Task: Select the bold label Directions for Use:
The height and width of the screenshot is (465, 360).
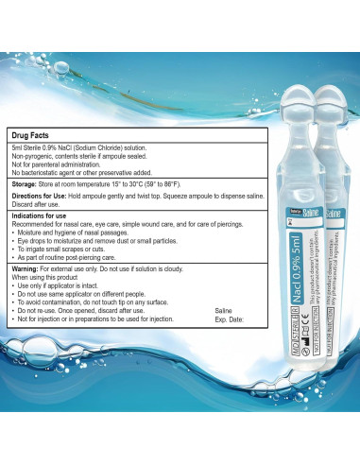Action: [x=43, y=198]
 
